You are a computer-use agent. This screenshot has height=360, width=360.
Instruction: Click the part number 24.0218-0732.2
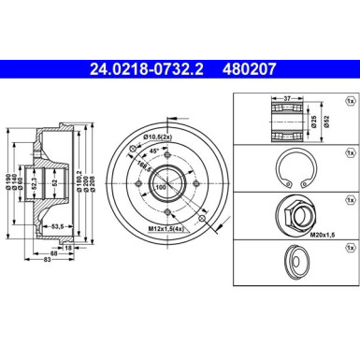click(156, 67)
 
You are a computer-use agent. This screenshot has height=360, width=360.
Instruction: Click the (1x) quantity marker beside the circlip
click(350, 150)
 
